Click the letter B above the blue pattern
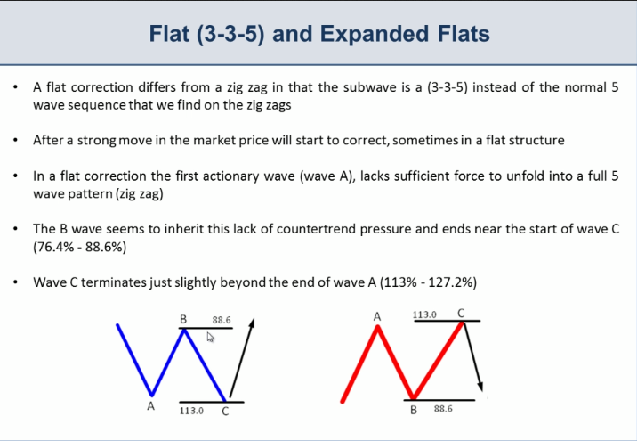click(x=183, y=319)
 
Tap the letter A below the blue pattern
click(x=150, y=406)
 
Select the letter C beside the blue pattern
click(x=225, y=412)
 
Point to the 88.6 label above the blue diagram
click(x=222, y=320)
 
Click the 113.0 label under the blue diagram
click(x=192, y=411)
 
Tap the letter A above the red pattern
click(x=377, y=316)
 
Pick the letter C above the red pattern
click(x=461, y=314)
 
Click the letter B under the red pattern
click(x=414, y=410)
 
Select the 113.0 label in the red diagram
click(x=424, y=314)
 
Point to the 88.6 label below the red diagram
click(x=443, y=408)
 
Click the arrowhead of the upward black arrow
click(x=253, y=323)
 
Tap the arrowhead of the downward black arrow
click(x=480, y=386)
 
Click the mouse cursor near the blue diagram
click(x=210, y=338)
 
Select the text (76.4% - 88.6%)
click(x=80, y=247)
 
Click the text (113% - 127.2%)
click(x=428, y=282)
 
